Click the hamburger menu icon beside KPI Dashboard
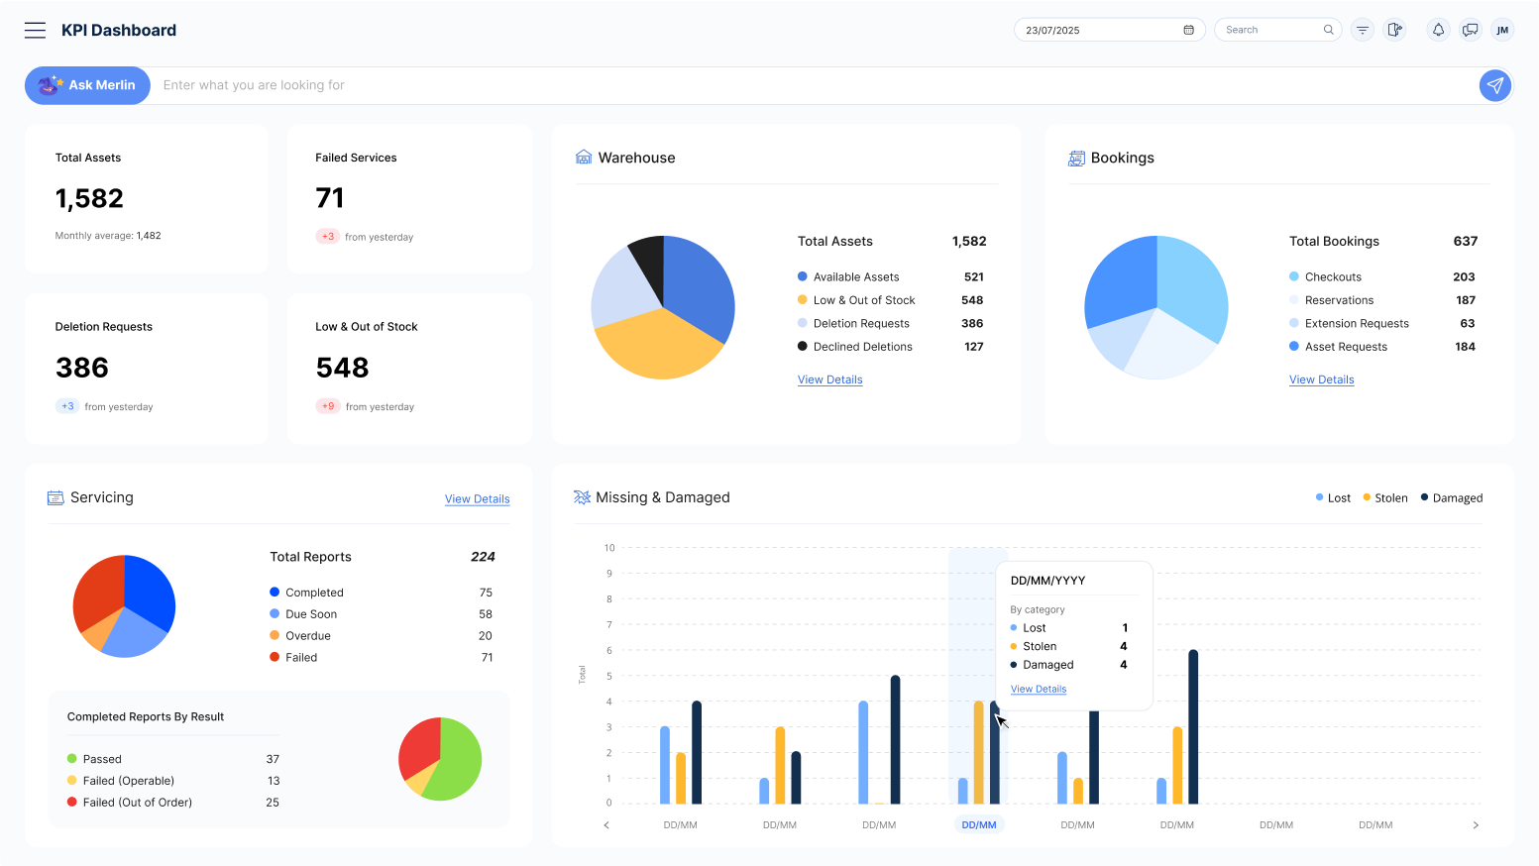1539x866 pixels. point(35,30)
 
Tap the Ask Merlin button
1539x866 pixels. point(87,85)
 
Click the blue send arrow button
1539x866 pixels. point(1494,85)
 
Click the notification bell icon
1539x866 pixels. point(1438,30)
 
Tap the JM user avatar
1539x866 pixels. point(1502,30)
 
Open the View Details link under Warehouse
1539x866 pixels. point(829,379)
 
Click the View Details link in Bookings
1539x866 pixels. point(1321,379)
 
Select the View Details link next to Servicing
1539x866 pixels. point(477,499)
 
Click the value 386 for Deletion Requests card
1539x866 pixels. point(82,368)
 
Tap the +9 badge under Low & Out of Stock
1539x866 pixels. point(328,406)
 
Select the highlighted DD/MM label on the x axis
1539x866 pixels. point(978,824)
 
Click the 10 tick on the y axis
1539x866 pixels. point(609,548)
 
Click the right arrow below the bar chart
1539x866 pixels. point(1476,824)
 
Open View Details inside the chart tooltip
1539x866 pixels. point(1038,689)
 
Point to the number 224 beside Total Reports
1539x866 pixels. point(483,557)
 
